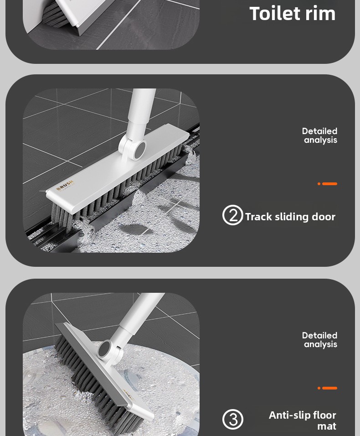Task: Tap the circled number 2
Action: (x=232, y=215)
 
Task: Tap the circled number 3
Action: (x=232, y=419)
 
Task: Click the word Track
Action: (x=258, y=217)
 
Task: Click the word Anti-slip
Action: (x=289, y=415)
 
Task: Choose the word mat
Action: (x=327, y=426)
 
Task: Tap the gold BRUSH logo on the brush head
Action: (x=65, y=186)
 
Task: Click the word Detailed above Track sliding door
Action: (x=319, y=131)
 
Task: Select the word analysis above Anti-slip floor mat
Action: (x=320, y=344)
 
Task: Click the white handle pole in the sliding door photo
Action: (x=139, y=112)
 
